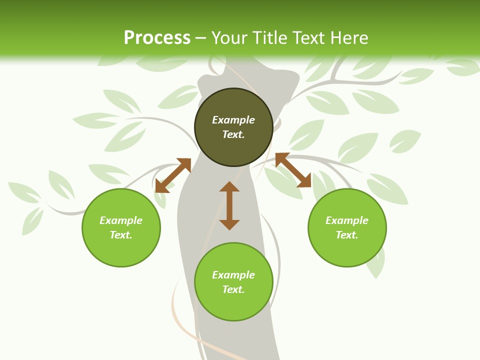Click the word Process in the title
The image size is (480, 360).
pyautogui.click(x=157, y=38)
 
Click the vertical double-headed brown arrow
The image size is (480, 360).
pyautogui.click(x=229, y=205)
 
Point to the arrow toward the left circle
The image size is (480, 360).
pyautogui.click(x=173, y=175)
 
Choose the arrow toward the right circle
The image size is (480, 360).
pyautogui.click(x=293, y=170)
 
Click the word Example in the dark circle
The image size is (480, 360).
pyautogui.click(x=233, y=120)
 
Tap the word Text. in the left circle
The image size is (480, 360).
pyautogui.click(x=121, y=235)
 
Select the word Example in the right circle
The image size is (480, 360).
pyautogui.click(x=347, y=220)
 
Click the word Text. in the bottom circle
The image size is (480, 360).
pyautogui.click(x=233, y=289)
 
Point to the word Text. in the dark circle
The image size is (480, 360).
pyautogui.click(x=233, y=134)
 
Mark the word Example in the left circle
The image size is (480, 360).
pyautogui.click(x=121, y=220)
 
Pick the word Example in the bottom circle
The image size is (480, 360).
pyautogui.click(x=233, y=275)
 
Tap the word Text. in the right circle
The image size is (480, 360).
pyautogui.click(x=347, y=235)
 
